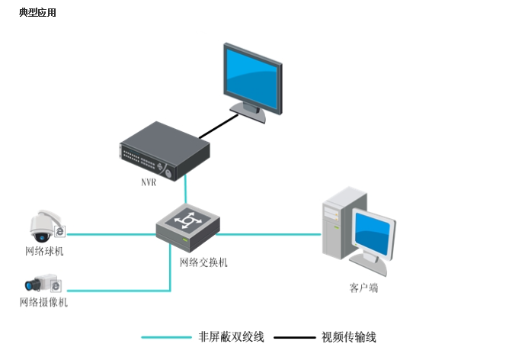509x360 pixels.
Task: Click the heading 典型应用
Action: pos(37,13)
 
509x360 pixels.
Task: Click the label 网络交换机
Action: pos(203,262)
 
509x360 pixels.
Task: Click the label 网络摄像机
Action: pos(43,303)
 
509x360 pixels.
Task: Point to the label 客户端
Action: pos(363,288)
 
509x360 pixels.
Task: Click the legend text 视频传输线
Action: pos(349,336)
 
